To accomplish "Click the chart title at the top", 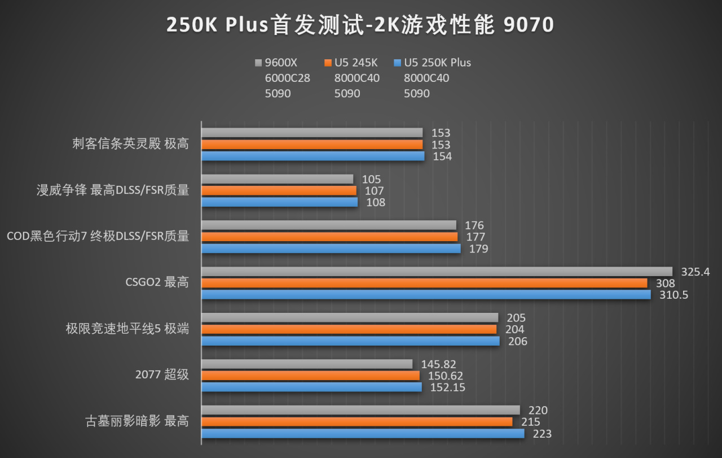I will point(360,25).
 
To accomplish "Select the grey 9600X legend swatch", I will point(259,63).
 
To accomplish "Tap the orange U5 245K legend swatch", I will point(328,63).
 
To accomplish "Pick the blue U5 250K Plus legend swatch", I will point(398,63).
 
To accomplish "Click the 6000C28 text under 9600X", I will point(287,78).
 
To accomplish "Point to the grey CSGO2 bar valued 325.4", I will point(437,272).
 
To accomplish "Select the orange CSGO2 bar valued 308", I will point(424,283).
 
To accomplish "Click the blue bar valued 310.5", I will point(426,295).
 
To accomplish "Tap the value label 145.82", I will point(438,365).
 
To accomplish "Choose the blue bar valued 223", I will point(363,434).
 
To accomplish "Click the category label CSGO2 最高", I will point(157,282).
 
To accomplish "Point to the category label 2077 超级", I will point(162,374).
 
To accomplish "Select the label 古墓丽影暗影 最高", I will point(137,421).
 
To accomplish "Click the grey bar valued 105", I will point(277,179).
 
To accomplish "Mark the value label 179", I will point(478,249).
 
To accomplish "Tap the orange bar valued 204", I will point(349,329).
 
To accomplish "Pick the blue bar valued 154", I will point(312,156).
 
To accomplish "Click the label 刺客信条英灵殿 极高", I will point(130,143).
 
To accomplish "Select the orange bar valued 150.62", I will point(310,376).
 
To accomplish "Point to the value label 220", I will point(538,411).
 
